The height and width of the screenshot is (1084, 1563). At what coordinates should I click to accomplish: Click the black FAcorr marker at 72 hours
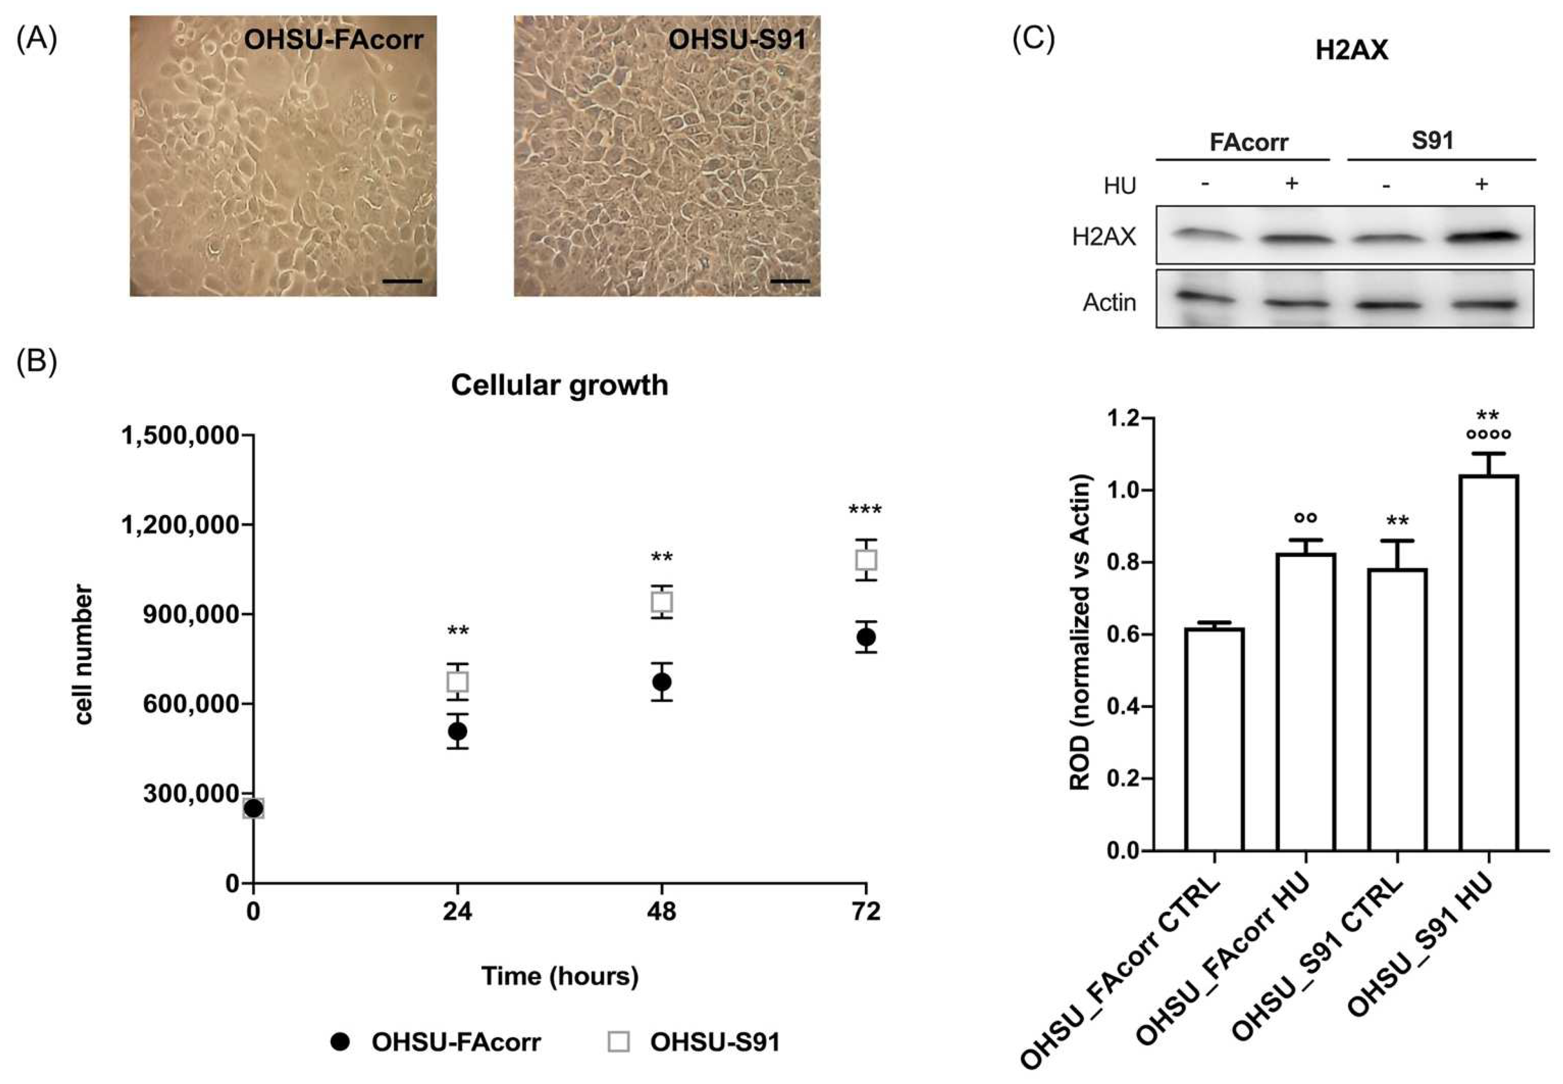(x=866, y=637)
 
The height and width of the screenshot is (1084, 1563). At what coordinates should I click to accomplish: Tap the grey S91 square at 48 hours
(x=662, y=602)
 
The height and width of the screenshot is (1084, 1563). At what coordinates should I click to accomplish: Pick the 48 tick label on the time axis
(x=662, y=911)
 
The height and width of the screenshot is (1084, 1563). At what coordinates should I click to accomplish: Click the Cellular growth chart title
(x=559, y=385)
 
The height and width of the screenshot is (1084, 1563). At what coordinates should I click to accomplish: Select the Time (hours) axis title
(x=560, y=976)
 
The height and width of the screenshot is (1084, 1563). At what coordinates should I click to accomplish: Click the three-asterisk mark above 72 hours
(x=865, y=510)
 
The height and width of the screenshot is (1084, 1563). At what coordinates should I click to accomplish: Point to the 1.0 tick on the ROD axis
(x=1126, y=490)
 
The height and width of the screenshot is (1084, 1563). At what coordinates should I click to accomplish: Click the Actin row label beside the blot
(x=1109, y=302)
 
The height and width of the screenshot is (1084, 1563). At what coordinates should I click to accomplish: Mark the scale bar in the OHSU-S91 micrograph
(x=790, y=280)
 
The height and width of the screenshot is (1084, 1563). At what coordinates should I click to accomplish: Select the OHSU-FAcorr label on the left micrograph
(x=333, y=39)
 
